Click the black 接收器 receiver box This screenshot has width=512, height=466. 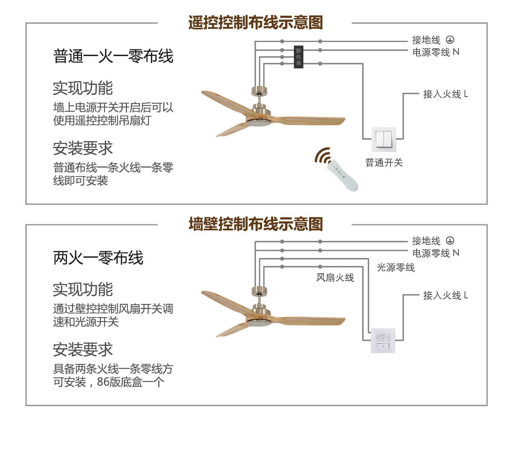click(x=298, y=57)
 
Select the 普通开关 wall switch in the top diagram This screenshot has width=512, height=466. click(x=384, y=139)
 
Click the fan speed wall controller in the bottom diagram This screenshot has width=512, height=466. click(x=383, y=341)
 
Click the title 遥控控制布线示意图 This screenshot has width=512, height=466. click(x=255, y=22)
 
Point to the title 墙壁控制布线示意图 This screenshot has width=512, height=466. click(x=255, y=224)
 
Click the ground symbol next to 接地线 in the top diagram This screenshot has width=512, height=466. click(x=450, y=40)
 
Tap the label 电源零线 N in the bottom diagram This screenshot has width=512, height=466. click(x=435, y=253)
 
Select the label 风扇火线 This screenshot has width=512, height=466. click(x=335, y=278)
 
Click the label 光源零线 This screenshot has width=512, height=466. click(x=396, y=267)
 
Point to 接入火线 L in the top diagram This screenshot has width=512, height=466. click(x=445, y=94)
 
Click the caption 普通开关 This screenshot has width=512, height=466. click(x=384, y=162)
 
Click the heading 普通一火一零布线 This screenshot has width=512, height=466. click(x=113, y=56)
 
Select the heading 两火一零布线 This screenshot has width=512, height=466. click(x=98, y=258)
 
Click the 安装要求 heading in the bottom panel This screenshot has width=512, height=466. click(x=83, y=349)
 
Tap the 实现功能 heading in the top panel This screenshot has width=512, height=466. click(x=83, y=88)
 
